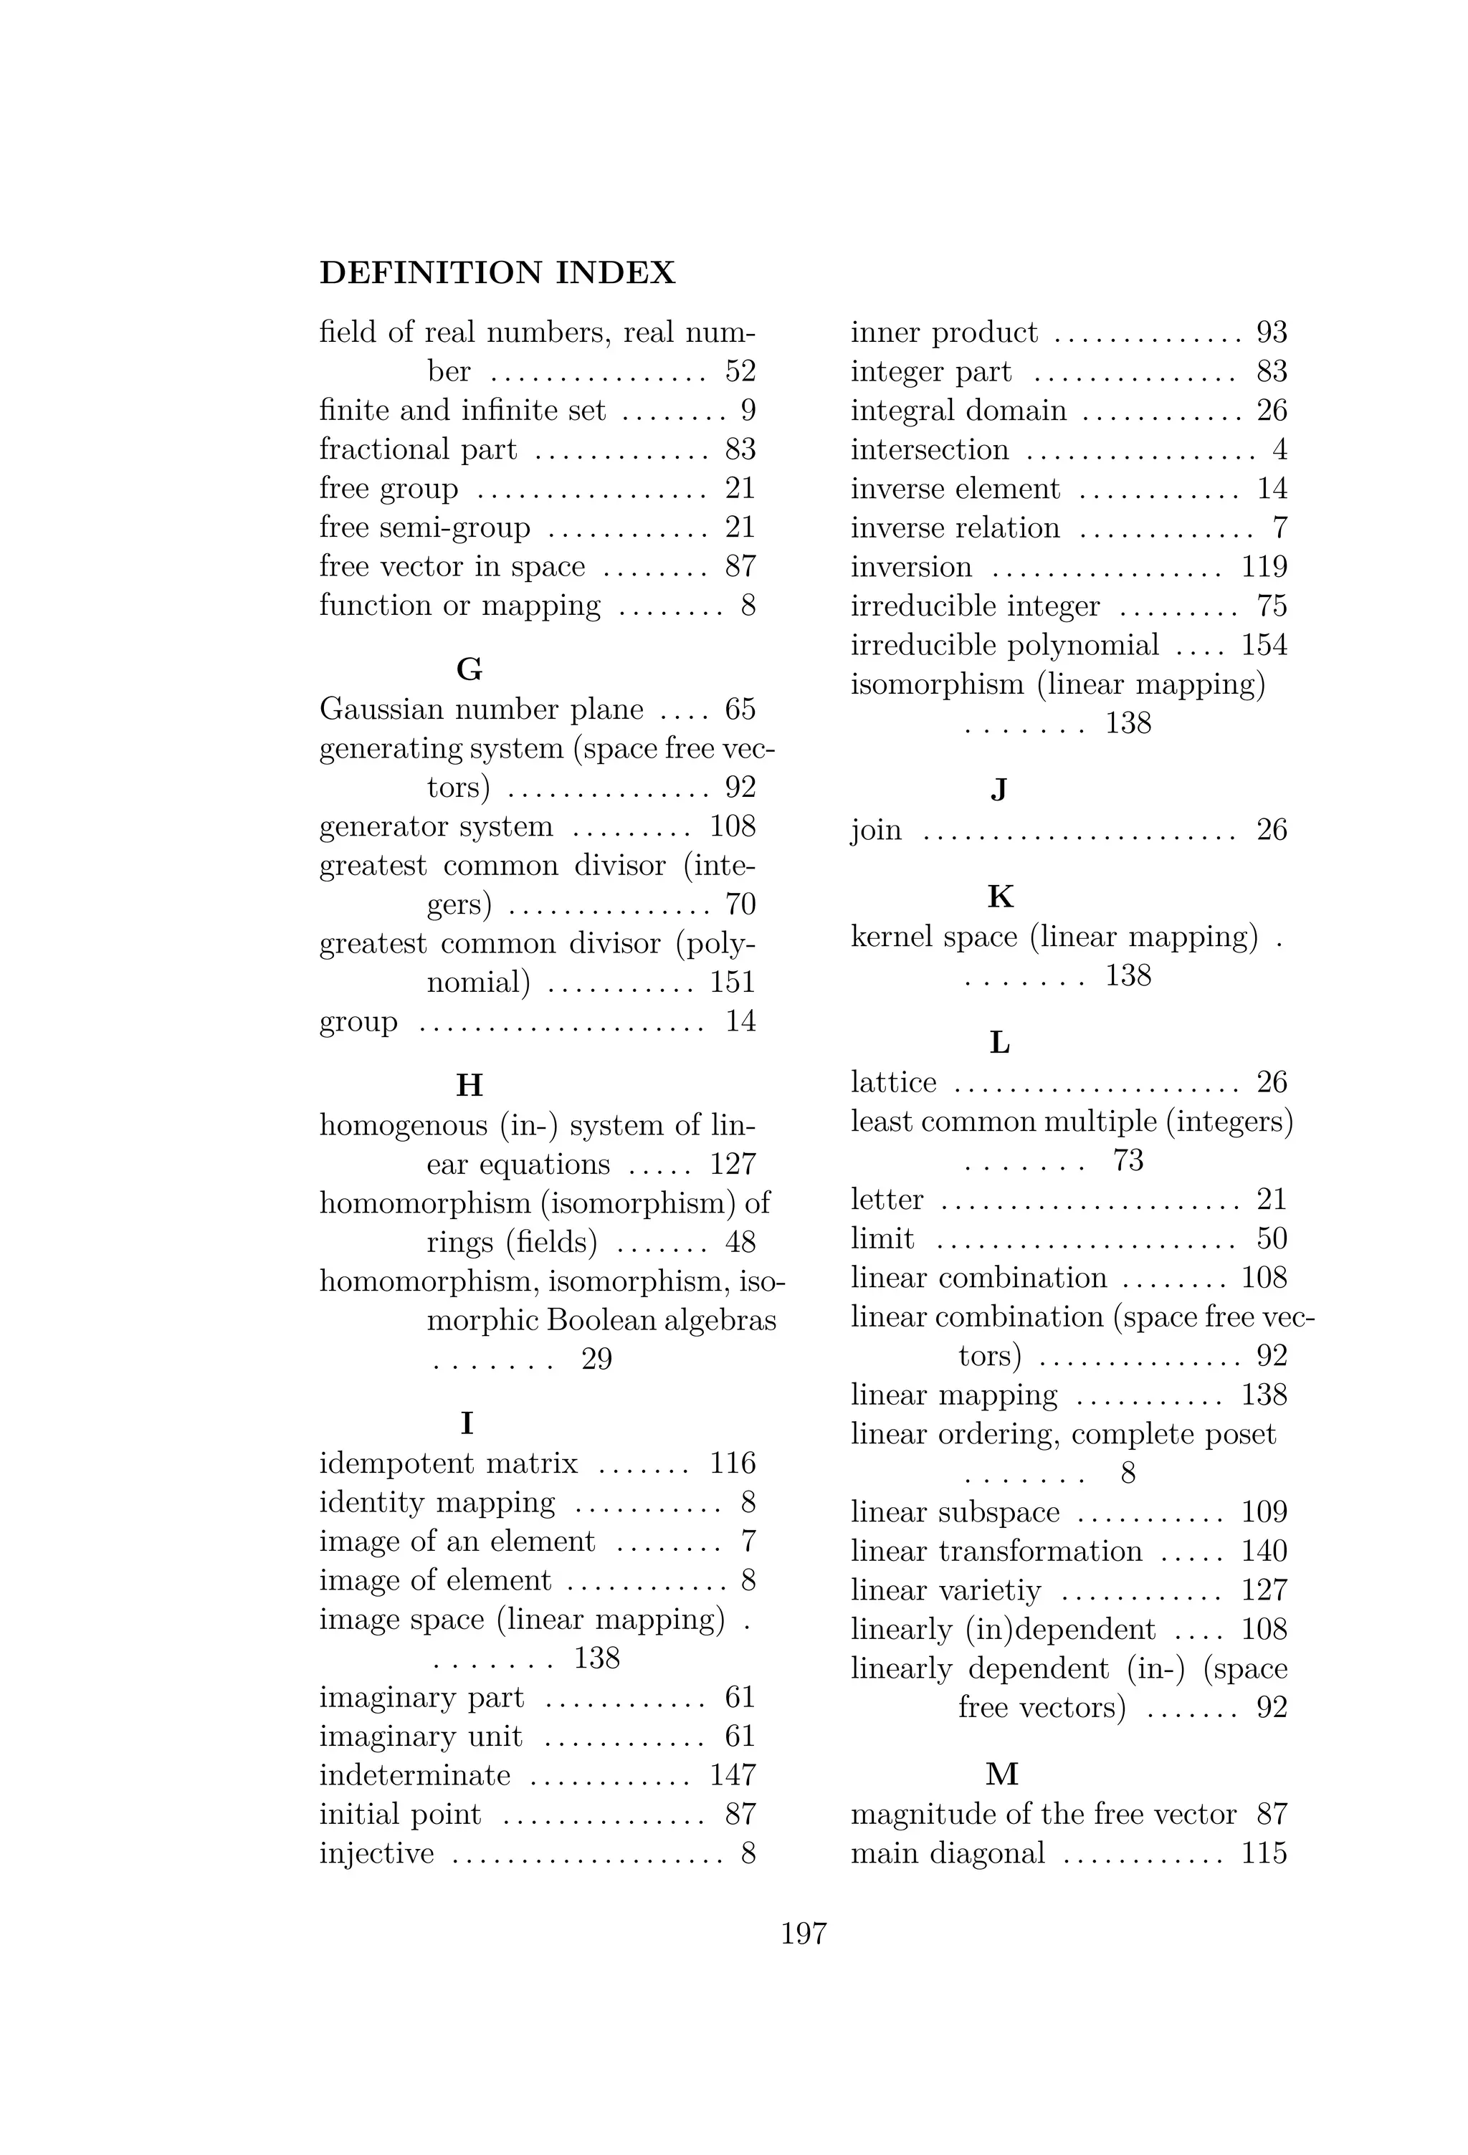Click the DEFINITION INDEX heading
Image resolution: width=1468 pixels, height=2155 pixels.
pyautogui.click(x=497, y=272)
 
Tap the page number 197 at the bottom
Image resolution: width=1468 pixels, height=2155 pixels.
pyautogui.click(x=803, y=1934)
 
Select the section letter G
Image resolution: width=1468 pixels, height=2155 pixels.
pyautogui.click(x=470, y=669)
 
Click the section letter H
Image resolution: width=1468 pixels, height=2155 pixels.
pyautogui.click(x=470, y=1084)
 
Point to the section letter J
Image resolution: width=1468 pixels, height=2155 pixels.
pyautogui.click(x=998, y=789)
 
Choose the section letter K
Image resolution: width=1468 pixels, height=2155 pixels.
pyautogui.click(x=1001, y=897)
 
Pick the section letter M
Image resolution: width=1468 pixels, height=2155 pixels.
pyautogui.click(x=1001, y=1774)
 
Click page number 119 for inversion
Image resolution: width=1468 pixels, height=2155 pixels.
pyautogui.click(x=1264, y=567)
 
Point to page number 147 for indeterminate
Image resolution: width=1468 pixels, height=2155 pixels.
pyautogui.click(x=733, y=1775)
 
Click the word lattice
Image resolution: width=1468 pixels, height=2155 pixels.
pyautogui.click(x=893, y=1082)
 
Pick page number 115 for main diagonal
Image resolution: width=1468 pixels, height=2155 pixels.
pyautogui.click(x=1264, y=1853)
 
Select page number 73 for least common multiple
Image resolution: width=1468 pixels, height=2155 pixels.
pyautogui.click(x=1128, y=1160)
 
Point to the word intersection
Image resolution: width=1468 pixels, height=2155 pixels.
pyautogui.click(x=929, y=450)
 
